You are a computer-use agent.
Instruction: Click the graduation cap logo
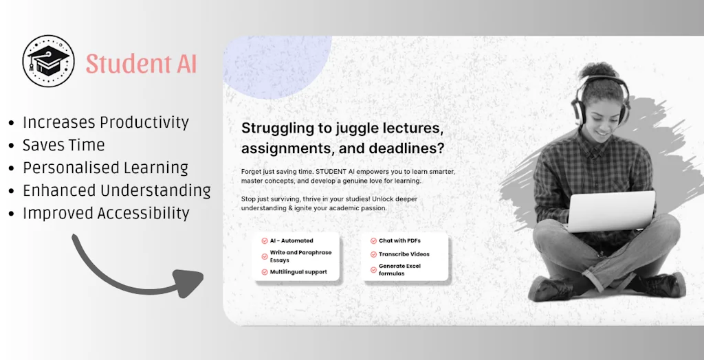tap(47, 61)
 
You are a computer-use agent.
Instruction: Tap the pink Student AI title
tap(141, 64)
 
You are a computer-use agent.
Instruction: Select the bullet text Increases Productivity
tap(105, 122)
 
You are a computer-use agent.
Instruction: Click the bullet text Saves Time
tap(63, 145)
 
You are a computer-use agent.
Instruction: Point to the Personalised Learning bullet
tap(105, 168)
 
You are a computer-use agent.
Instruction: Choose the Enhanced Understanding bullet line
tap(116, 190)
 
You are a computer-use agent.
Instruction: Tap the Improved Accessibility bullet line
tap(106, 213)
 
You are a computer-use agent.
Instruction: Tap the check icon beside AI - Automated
tap(264, 241)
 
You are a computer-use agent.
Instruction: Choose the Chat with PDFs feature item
tap(399, 241)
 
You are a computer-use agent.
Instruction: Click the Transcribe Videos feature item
tap(404, 254)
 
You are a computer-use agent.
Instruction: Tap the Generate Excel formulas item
tap(399, 269)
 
